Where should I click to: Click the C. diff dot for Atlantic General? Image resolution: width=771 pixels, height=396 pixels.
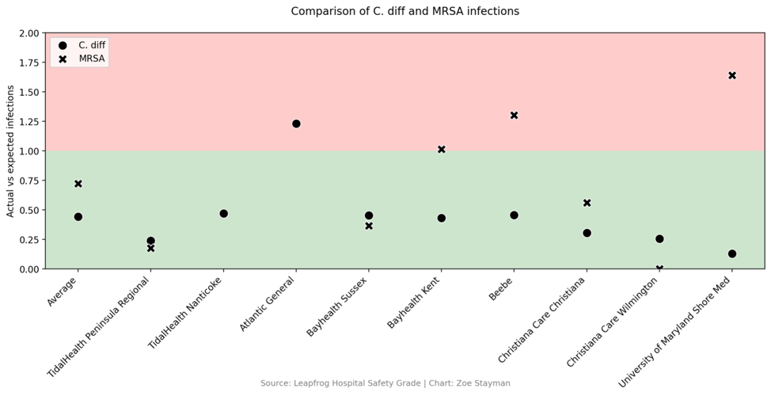point(296,124)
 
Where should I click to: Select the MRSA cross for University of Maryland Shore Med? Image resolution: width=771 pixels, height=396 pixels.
point(732,75)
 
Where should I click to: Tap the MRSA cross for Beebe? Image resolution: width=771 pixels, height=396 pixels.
point(514,115)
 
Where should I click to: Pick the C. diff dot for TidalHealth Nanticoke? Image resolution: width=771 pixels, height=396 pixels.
point(223,213)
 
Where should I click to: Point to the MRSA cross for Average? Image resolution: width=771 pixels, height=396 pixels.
point(78,184)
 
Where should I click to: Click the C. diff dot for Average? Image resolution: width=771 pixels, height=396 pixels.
point(78,216)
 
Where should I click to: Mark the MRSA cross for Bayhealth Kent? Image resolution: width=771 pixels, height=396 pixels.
point(441,149)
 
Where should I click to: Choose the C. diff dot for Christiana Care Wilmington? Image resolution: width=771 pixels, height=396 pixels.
point(659,238)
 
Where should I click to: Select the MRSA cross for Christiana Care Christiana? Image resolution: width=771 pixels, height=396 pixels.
point(587,203)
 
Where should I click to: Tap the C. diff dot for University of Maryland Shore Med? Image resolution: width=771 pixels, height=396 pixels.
point(732,253)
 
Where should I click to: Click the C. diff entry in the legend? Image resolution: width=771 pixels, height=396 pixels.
point(79,45)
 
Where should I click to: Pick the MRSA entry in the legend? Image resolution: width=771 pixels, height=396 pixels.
point(79,59)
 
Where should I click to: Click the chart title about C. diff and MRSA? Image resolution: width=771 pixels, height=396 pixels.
point(404,11)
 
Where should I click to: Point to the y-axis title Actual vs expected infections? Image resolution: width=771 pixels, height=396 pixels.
point(10,151)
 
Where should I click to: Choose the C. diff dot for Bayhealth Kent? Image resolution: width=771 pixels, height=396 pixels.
point(441,218)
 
